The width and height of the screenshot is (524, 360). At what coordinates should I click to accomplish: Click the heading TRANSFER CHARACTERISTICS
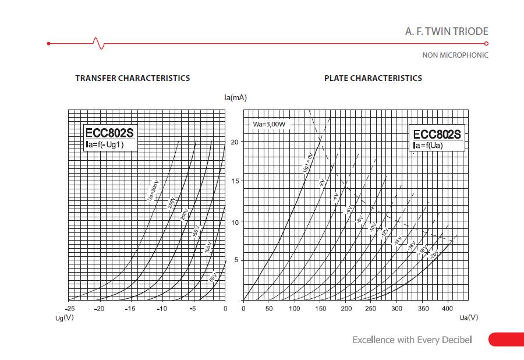pos(132,78)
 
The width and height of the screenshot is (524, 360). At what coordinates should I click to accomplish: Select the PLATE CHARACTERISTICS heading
pos(373,78)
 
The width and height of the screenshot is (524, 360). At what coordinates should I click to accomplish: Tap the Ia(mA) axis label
pos(235,97)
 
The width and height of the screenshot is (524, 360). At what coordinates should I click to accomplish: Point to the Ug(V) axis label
pos(64,317)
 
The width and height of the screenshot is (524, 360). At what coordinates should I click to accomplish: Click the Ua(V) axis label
pos(469,317)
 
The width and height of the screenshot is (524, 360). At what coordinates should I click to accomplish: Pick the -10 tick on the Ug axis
pos(162,309)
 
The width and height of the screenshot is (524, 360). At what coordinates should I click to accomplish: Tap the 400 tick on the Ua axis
pos(448,309)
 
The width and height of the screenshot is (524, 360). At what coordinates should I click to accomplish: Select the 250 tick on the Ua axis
pos(371,309)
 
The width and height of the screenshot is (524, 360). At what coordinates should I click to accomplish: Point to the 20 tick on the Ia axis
pos(235,142)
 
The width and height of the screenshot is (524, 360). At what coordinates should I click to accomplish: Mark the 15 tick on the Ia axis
pos(235,181)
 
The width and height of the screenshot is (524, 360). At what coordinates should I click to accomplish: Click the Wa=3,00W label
pos(268,125)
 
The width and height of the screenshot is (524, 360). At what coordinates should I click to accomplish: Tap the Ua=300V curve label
pos(153,190)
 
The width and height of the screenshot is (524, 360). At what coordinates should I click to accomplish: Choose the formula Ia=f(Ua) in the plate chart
pos(429,145)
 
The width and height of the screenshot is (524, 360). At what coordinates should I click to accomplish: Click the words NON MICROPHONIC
pos(455,55)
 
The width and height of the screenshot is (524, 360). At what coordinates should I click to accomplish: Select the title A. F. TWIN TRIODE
pos(447,31)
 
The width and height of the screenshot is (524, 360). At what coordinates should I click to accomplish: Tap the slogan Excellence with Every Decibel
pos(412,340)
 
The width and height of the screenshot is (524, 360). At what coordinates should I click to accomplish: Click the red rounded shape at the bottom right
pos(506,340)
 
